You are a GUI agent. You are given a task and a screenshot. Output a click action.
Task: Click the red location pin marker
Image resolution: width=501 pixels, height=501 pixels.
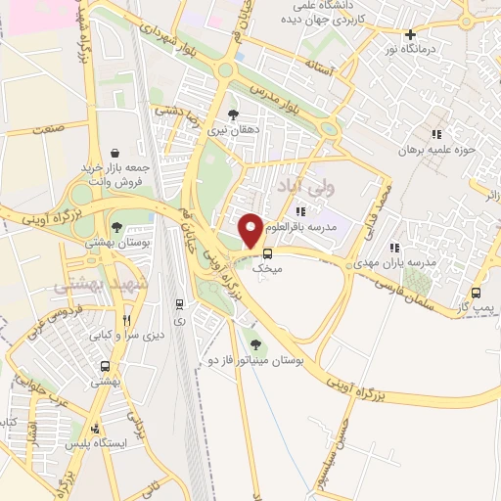[250, 230]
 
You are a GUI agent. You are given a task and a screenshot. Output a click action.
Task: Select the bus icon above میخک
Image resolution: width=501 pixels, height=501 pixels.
[267, 251]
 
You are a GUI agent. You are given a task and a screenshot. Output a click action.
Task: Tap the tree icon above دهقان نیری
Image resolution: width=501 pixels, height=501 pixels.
[232, 114]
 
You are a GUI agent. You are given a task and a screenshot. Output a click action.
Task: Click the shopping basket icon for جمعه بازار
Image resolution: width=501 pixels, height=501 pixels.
[116, 153]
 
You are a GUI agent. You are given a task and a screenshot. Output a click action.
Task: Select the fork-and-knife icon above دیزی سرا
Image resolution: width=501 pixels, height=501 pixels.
[125, 319]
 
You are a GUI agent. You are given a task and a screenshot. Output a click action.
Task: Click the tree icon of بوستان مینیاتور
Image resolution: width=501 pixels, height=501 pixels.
[256, 343]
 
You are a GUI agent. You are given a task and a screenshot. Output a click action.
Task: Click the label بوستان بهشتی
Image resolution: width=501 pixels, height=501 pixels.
[116, 240]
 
